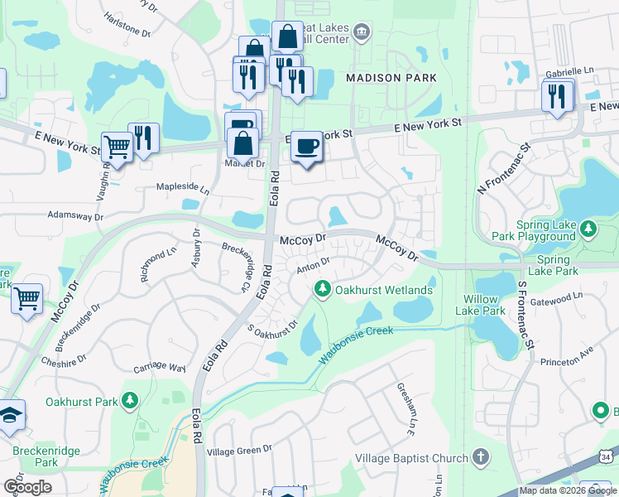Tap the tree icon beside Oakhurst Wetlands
coord(321,290)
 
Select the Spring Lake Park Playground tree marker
coord(588,227)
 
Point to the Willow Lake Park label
coord(480,305)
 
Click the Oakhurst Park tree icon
coord(129,403)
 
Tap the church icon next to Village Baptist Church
coord(481,458)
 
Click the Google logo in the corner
coord(27,486)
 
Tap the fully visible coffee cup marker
coord(307,145)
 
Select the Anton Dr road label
coord(314,264)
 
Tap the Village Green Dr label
coord(239,451)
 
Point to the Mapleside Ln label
coord(183,188)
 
